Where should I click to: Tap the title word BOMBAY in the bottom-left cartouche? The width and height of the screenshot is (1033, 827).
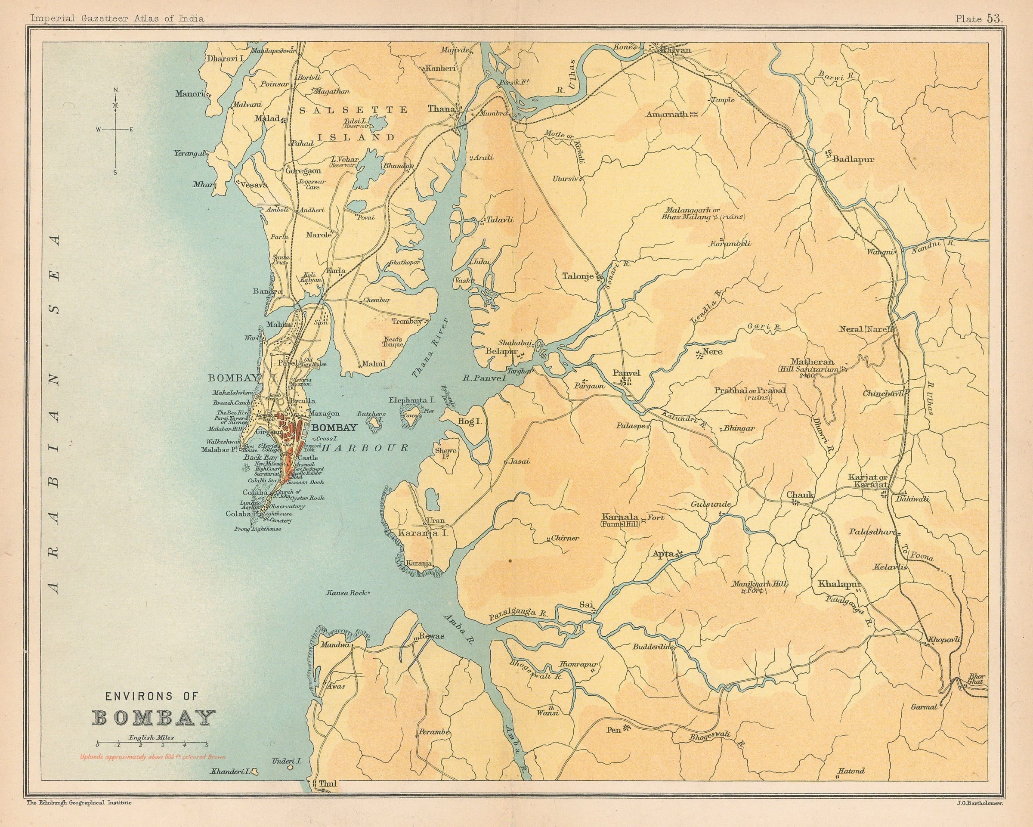pyautogui.click(x=153, y=718)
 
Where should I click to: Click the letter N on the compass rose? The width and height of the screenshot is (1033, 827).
pyautogui.click(x=114, y=90)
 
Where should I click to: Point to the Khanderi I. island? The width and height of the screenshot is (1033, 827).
pyautogui.click(x=256, y=785)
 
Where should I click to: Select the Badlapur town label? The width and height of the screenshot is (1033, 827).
pyautogui.click(x=854, y=159)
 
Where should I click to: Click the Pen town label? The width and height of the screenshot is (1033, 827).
pyautogui.click(x=614, y=743)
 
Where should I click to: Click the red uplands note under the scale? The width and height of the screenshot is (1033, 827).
pyautogui.click(x=153, y=757)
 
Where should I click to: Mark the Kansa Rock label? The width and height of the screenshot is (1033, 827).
pyautogui.click(x=347, y=593)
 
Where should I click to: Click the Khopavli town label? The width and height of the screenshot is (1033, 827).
pyautogui.click(x=941, y=640)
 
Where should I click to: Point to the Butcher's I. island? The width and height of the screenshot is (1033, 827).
pyautogui.click(x=373, y=422)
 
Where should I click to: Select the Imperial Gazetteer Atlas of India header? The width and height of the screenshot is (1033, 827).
pyautogui.click(x=117, y=19)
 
